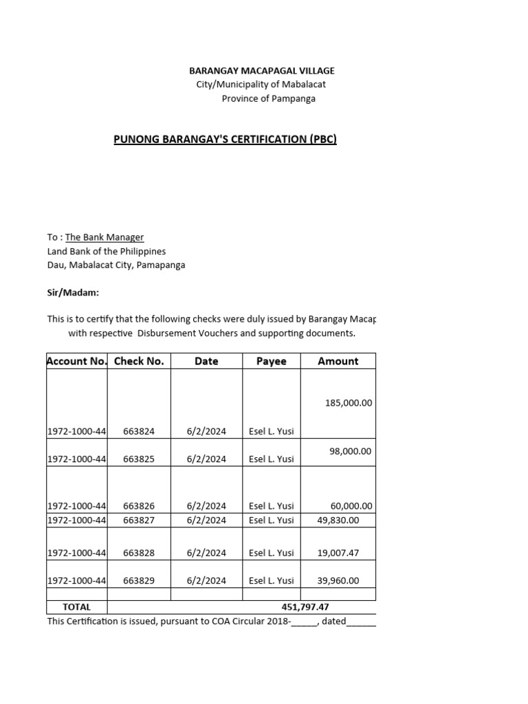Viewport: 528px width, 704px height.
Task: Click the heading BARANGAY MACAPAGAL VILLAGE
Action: [x=262, y=71]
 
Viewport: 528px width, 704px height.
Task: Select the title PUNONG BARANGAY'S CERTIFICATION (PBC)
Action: [x=225, y=140]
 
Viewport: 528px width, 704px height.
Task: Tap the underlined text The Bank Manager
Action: [x=104, y=237]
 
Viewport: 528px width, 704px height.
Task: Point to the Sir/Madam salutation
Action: [x=73, y=293]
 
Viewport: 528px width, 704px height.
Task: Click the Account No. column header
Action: [x=76, y=361]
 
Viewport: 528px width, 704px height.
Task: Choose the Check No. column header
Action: [x=139, y=361]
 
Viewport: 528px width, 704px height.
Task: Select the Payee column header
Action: [x=271, y=361]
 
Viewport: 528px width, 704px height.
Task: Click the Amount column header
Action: [x=338, y=361]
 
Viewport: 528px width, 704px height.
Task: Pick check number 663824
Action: [x=139, y=431]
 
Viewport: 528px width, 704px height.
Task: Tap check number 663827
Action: [x=139, y=520]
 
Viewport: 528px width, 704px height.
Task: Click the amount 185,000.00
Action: [x=348, y=403]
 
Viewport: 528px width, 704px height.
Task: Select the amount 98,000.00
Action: [x=350, y=451]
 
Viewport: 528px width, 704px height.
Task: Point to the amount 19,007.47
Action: [x=338, y=553]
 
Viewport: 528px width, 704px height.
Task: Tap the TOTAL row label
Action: [x=76, y=607]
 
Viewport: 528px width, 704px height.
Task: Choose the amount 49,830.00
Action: [x=338, y=520]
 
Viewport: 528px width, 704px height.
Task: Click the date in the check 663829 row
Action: [x=206, y=580]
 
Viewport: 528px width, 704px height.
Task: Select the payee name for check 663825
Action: [x=271, y=459]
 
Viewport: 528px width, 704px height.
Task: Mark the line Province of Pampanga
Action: [x=268, y=98]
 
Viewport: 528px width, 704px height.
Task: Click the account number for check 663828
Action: [x=76, y=553]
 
